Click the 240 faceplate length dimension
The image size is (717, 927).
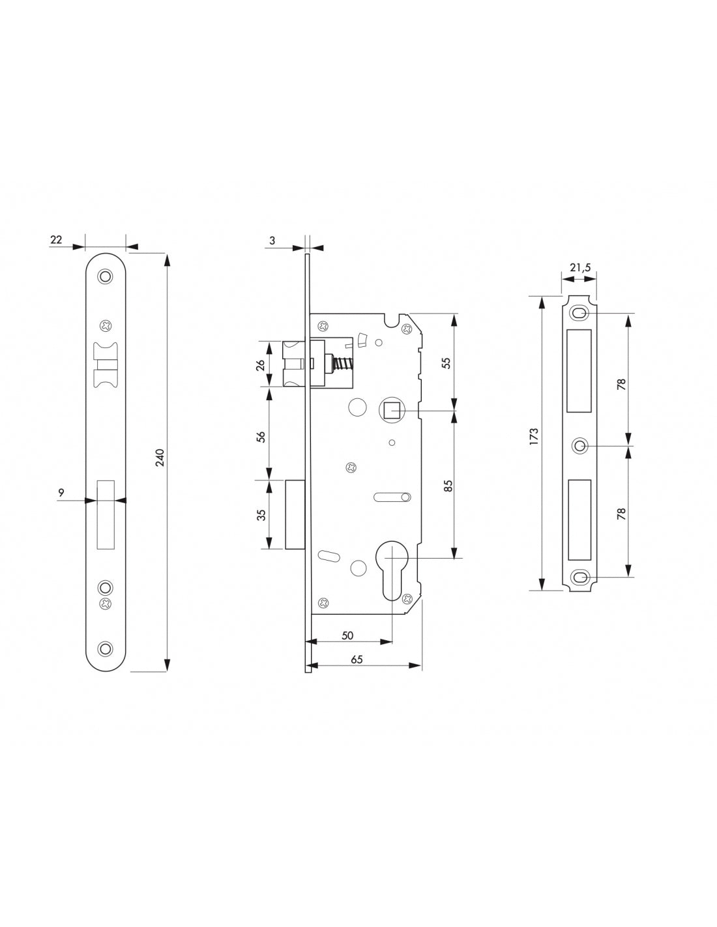[x=160, y=458]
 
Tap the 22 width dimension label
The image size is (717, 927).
[x=56, y=239]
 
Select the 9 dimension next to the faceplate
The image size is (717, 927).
[x=61, y=493]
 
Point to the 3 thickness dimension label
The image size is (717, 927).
[x=272, y=240]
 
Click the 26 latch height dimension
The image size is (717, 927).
[x=261, y=365]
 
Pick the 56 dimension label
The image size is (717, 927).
[x=261, y=436]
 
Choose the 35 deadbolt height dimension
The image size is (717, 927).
[x=261, y=514]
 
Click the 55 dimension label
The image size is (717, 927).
[x=446, y=362]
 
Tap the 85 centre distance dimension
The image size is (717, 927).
[x=448, y=486]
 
